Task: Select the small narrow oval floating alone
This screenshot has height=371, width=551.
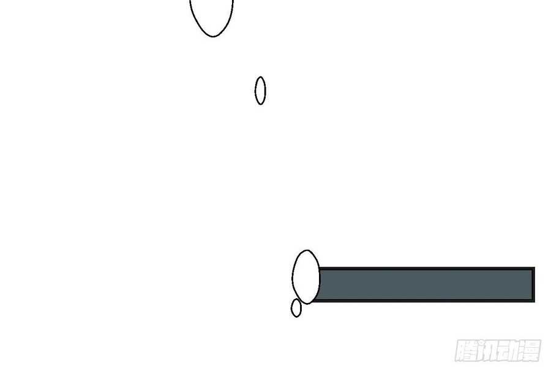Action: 255,91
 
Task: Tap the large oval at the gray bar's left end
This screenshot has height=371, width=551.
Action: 293,277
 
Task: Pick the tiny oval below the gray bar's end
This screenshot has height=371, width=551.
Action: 291,308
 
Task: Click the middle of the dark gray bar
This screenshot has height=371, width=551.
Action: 426,285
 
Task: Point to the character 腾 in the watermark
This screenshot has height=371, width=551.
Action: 467,350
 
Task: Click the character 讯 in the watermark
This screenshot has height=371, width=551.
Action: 488,350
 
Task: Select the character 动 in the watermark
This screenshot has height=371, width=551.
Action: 509,350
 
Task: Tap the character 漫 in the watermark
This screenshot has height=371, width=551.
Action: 530,350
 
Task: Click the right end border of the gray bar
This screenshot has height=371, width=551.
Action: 534,285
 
